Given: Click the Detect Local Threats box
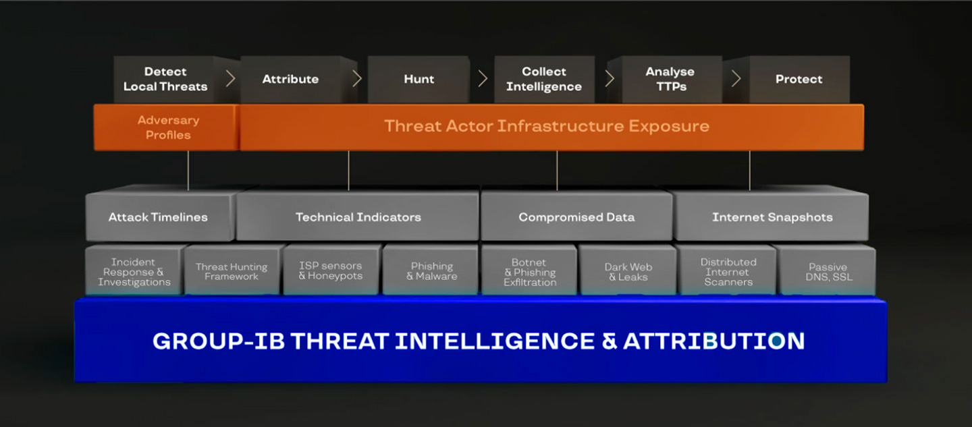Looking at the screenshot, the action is point(164,80).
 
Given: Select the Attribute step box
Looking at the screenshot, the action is point(291,80).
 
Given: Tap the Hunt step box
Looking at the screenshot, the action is point(418,80).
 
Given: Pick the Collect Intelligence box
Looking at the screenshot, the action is point(544,80).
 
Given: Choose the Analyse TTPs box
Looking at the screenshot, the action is point(672,80).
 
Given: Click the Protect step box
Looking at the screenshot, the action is point(799,80).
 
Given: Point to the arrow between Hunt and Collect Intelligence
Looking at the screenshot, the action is point(483,79).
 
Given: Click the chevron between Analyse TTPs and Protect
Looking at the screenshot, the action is point(736,79).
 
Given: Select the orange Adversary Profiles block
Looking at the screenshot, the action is point(167,127).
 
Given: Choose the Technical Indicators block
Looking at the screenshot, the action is point(358,215).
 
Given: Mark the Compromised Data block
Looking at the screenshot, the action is point(576,215).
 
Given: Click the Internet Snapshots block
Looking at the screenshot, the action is point(772,215).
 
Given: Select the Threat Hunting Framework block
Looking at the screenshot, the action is point(232,271).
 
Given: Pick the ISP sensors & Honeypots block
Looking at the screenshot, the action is point(331,271).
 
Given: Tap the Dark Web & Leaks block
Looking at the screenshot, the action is point(628,271).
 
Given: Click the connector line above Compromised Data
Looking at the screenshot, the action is point(557,171).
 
